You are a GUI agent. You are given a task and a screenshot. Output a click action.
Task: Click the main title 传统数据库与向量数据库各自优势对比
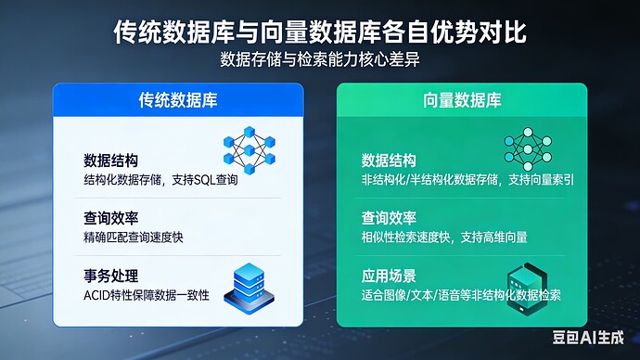tap(320, 32)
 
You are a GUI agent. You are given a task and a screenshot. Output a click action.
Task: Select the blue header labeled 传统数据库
tap(177, 99)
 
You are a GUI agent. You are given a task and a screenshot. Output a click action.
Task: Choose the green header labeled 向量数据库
tap(461, 99)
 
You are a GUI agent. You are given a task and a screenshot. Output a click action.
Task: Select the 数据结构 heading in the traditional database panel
tap(111, 160)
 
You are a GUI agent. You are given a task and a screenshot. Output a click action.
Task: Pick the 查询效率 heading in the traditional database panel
tap(111, 219)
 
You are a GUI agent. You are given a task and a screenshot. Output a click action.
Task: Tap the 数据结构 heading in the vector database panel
tap(389, 160)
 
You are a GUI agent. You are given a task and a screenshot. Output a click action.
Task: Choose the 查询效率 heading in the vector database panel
tap(389, 219)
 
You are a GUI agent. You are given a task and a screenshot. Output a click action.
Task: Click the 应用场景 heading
tap(389, 276)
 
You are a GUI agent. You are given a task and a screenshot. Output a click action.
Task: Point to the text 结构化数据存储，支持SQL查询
tap(160, 179)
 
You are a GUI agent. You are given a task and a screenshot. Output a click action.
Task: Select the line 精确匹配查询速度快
tap(134, 238)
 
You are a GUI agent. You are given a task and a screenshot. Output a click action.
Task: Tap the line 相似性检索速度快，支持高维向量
tap(444, 238)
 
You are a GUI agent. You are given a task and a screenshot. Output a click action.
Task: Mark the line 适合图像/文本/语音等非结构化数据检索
tap(461, 296)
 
